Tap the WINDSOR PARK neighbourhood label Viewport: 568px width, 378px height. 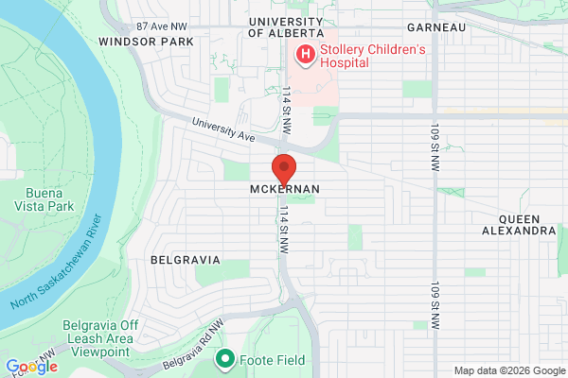146,42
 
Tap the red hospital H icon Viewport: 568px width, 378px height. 306,55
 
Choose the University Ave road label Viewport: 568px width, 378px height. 223,130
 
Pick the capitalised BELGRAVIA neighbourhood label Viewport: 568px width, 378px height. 185,259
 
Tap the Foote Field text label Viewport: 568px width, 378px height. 266,358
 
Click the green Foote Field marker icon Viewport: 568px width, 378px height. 225,358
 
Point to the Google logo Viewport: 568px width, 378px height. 31,367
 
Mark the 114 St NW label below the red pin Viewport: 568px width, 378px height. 281,232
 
